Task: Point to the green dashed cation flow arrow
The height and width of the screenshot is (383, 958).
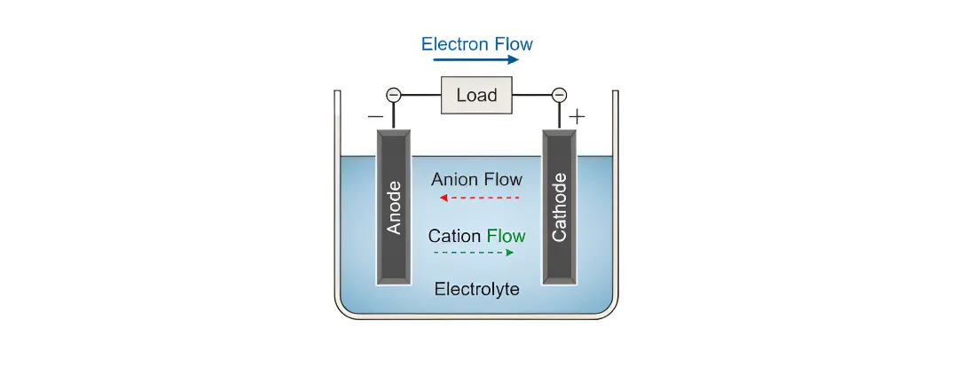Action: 473,253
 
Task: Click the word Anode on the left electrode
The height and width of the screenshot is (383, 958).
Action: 395,207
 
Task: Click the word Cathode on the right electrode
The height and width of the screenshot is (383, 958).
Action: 559,207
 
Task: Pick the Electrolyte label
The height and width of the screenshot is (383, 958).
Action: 476,289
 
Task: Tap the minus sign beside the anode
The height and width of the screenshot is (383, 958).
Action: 375,116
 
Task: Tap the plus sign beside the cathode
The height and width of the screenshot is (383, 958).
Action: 577,116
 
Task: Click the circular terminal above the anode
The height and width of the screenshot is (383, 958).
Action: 394,95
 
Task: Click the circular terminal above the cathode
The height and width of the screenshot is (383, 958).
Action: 559,95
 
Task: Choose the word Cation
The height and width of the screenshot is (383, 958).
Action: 455,236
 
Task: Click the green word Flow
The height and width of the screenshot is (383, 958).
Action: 506,236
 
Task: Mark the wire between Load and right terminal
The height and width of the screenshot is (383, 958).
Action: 532,95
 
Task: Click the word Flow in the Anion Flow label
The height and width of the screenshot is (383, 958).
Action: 503,179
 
